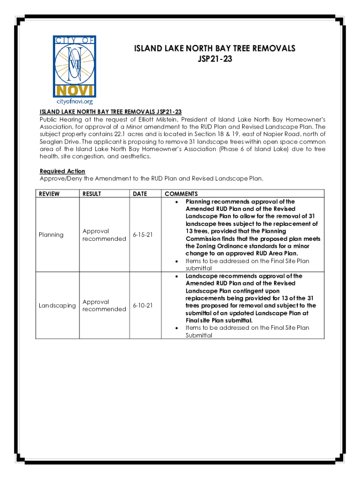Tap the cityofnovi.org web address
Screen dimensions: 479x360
(75, 101)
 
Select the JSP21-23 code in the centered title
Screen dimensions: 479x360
(215, 59)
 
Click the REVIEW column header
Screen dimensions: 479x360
(50, 194)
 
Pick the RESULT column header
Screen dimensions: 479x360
(92, 194)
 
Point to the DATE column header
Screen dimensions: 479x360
(140, 194)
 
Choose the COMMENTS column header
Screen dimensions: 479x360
(181, 194)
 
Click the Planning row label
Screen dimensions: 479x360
(51, 235)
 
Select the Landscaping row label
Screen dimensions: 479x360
(57, 305)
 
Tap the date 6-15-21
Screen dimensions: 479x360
(143, 235)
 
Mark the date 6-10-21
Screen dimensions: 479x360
(143, 305)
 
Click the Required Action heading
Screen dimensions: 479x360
(62, 171)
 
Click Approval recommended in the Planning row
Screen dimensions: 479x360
(104, 235)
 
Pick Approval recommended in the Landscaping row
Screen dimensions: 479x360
(104, 305)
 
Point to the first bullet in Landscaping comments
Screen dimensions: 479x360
(176, 276)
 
